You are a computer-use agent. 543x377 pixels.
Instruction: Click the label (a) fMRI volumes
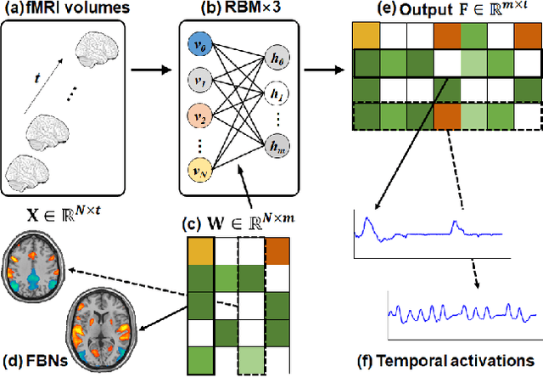58,10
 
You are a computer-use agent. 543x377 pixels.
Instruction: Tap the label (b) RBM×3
222,10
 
